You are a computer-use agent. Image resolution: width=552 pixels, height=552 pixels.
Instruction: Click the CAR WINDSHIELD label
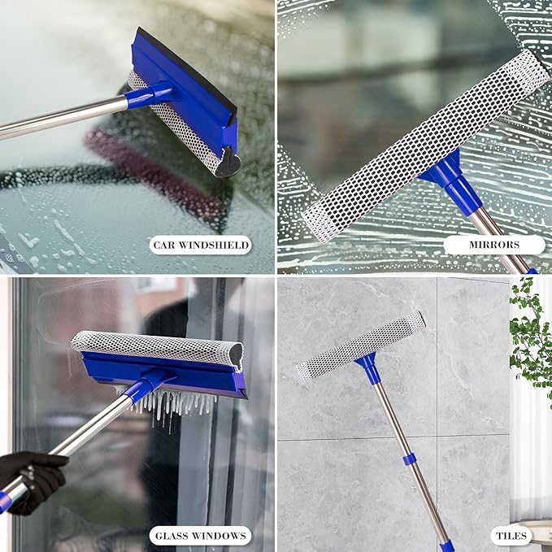201,244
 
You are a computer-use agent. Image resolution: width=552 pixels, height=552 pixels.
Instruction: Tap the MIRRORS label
493,244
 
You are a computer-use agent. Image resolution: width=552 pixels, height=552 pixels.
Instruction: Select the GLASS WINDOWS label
201,536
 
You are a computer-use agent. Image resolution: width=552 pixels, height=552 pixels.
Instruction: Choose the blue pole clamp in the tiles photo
410,459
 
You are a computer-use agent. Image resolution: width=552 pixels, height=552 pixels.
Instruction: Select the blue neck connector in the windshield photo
146,95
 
